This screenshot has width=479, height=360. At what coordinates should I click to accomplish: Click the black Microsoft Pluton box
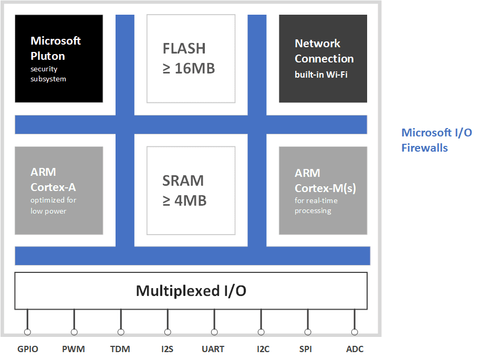click(x=58, y=58)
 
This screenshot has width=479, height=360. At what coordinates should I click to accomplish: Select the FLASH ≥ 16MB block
click(x=191, y=58)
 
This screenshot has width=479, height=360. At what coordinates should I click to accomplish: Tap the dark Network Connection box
click(x=323, y=58)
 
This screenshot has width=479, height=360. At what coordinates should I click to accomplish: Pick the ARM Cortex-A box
click(x=58, y=190)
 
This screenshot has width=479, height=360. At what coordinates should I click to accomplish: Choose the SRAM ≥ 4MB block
click(x=191, y=190)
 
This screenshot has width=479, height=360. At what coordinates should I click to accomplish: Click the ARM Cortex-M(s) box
click(x=323, y=190)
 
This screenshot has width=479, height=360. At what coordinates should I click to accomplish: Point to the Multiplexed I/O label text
click(x=191, y=291)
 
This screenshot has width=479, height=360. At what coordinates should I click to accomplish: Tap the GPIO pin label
click(x=28, y=349)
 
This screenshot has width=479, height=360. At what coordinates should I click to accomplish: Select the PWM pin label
click(x=74, y=349)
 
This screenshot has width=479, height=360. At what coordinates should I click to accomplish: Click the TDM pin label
click(x=120, y=349)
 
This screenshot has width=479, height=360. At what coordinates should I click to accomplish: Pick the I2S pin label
click(x=168, y=349)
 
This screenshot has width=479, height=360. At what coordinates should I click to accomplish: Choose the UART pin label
click(x=213, y=349)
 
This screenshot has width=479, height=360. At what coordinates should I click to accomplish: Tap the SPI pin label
click(x=306, y=349)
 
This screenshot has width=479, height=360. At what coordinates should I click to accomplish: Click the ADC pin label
click(x=355, y=349)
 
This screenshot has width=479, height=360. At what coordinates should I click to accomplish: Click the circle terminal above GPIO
click(x=27, y=332)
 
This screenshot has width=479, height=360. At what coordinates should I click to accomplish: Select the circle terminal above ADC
click(x=355, y=332)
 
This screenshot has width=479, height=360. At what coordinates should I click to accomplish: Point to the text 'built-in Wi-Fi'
click(x=321, y=75)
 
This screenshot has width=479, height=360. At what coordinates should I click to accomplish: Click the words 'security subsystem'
click(x=49, y=74)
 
